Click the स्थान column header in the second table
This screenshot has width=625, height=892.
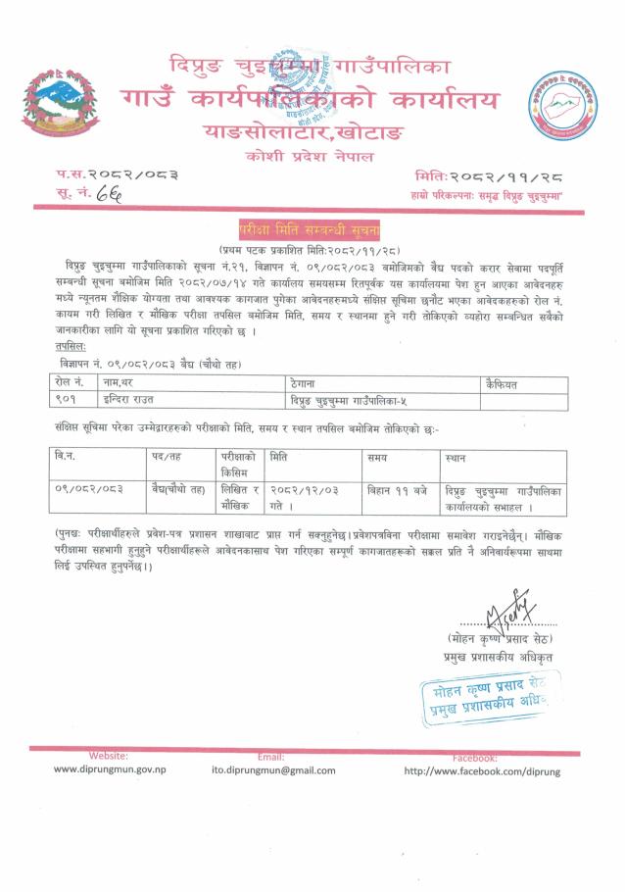click(456, 458)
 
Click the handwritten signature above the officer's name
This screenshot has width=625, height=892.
click(509, 614)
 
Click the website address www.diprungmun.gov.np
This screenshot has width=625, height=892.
click(110, 770)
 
